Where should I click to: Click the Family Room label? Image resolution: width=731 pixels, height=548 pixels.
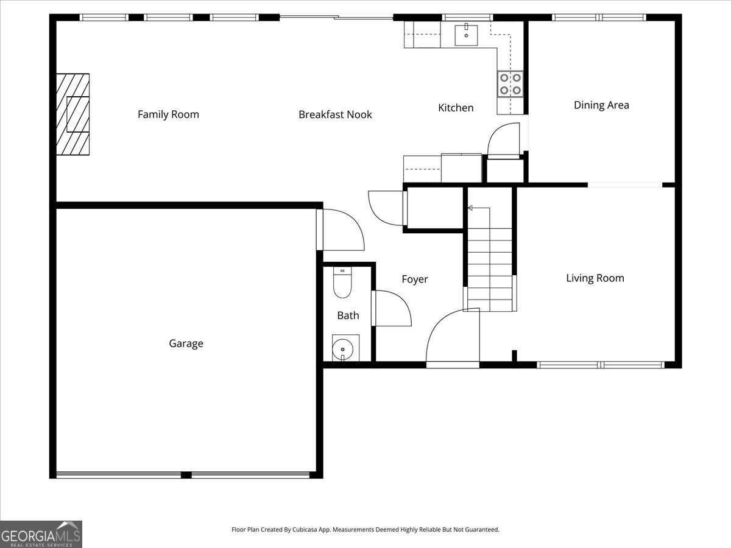pos(168,114)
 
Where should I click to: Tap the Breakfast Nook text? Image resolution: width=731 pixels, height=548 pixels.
pos(335,114)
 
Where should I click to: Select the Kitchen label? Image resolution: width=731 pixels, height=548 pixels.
pos(456,108)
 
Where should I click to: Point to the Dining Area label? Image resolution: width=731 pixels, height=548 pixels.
pos(601,105)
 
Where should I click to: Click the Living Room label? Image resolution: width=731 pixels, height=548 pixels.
pos(595,278)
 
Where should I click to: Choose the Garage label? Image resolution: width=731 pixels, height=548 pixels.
pos(186,343)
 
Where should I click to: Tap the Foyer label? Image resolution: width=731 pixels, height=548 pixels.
pos(415,279)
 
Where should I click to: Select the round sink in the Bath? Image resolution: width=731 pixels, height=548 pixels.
pos(343,350)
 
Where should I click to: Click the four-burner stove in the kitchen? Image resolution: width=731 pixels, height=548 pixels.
pos(510,84)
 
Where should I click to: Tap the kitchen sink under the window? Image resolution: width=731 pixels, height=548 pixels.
pos(467,35)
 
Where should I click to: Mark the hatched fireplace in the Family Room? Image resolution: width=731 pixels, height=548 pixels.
pos(73,114)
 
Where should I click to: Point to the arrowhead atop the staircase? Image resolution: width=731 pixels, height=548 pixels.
pos(470,208)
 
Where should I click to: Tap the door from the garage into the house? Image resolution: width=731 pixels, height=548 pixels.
pos(341,230)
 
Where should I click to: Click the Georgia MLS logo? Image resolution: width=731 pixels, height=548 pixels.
pos(41,534)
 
